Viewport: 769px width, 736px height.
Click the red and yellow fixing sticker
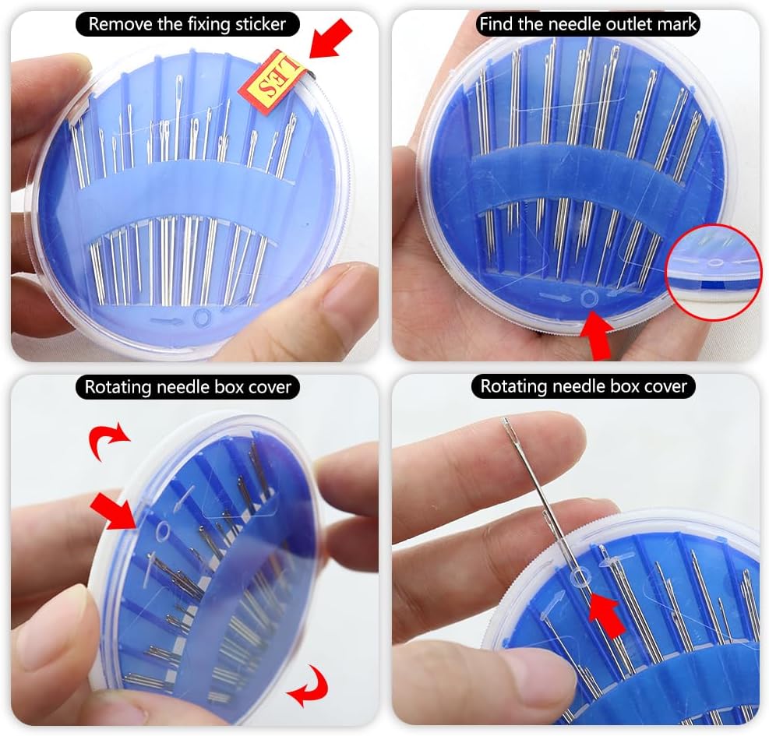tap(278, 80)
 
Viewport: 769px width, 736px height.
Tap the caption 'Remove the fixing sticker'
tap(187, 24)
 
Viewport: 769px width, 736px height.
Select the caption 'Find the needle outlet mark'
tap(587, 24)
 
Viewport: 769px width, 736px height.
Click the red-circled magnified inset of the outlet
tap(713, 272)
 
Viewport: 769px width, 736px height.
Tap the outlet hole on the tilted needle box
tap(163, 532)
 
